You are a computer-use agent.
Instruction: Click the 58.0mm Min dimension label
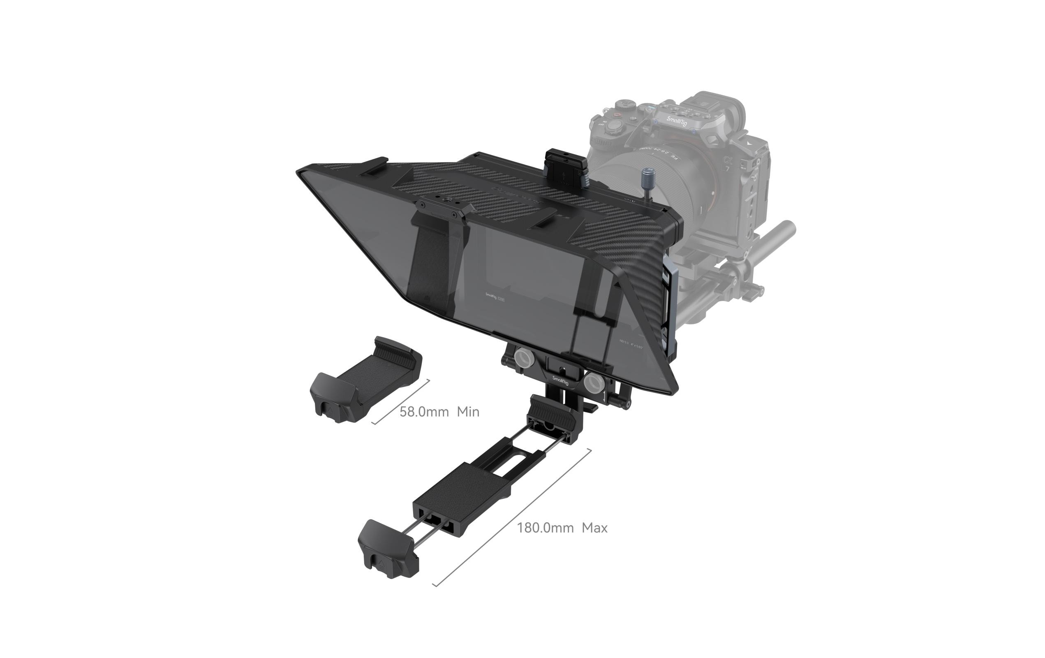tap(439, 412)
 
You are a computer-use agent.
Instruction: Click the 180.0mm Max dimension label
tap(562, 528)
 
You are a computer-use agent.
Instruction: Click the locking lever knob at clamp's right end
tap(625, 405)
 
